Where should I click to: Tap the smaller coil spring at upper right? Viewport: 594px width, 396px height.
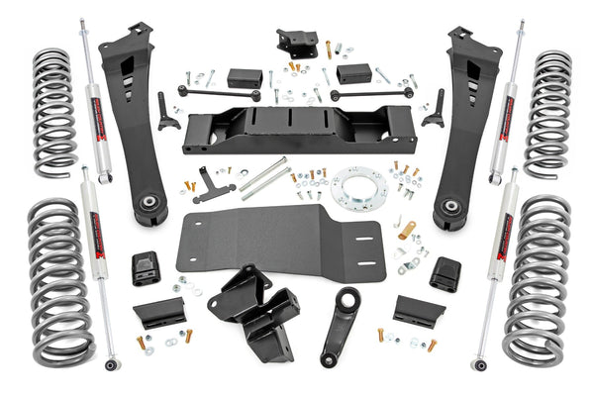tap(547, 114)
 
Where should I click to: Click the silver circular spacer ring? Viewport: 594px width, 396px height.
tap(358, 189)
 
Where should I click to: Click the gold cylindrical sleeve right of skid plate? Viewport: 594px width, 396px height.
tap(407, 231)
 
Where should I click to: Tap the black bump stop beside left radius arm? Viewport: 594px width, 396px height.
tap(147, 268)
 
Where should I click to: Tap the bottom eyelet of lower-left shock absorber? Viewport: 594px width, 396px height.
tap(112, 364)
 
